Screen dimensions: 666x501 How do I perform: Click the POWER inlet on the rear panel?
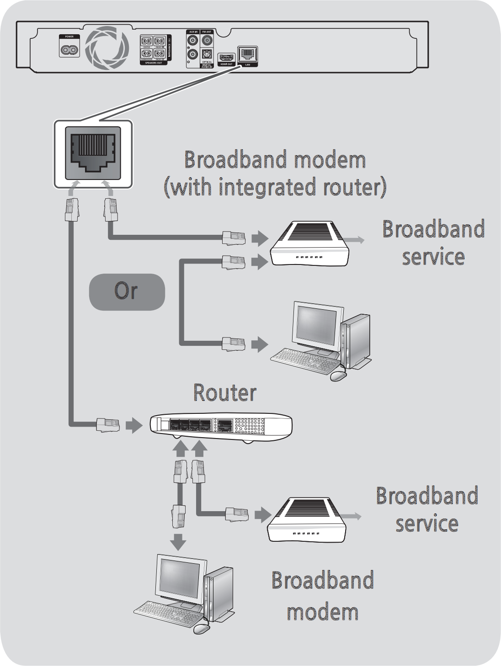[x=69, y=48]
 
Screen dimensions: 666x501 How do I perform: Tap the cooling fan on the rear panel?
[x=107, y=48]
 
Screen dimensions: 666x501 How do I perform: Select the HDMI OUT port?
[x=226, y=58]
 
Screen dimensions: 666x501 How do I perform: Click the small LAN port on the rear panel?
[x=247, y=55]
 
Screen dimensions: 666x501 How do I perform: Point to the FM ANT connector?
[x=207, y=41]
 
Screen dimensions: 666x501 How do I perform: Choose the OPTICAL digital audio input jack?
[x=207, y=54]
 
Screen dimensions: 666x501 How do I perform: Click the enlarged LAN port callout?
[x=93, y=153]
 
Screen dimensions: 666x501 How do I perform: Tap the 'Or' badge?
[x=127, y=291]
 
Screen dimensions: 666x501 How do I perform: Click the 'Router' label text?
[x=224, y=392]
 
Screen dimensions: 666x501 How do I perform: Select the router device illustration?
[x=221, y=426]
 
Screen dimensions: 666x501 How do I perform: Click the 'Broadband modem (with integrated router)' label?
[x=275, y=174]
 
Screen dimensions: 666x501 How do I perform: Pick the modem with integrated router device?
[x=309, y=244]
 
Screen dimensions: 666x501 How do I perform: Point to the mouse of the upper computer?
[x=338, y=375]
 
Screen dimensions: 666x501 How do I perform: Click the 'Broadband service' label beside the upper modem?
[x=433, y=243]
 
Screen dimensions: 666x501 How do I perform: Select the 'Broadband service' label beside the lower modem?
[x=427, y=509]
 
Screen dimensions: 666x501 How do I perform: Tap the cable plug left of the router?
[x=108, y=425]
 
